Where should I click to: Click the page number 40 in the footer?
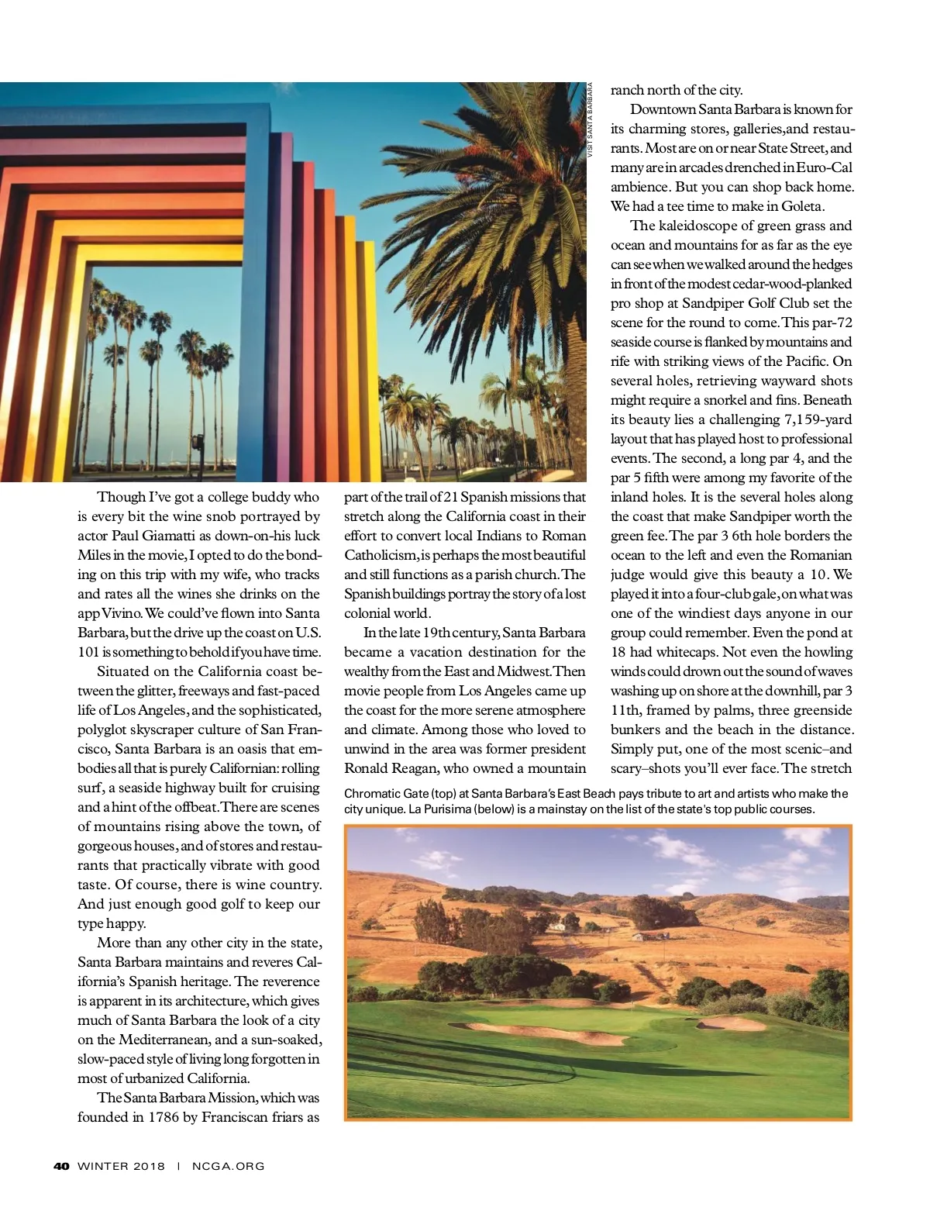62,1166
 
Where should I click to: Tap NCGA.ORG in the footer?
228,1166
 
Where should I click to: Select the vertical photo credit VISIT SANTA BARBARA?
590,121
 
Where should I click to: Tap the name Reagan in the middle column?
409,768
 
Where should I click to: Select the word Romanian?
821,555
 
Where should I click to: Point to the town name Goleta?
802,206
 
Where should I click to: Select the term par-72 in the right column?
832,322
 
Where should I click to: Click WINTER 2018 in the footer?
122,1166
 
